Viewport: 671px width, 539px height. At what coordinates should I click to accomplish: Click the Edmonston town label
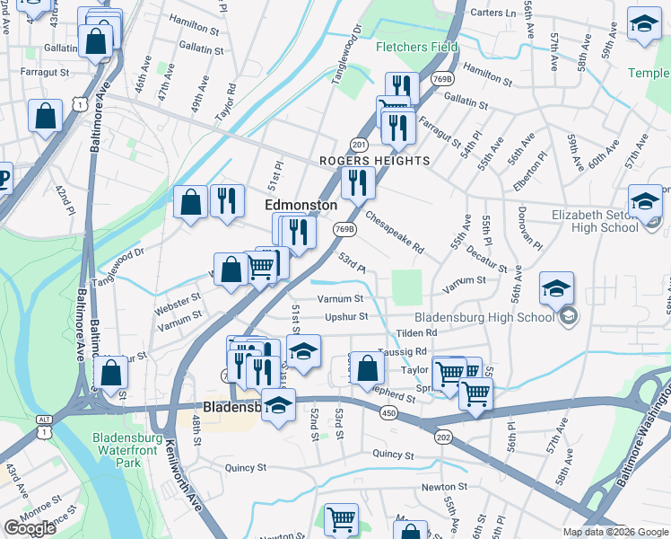click(301, 205)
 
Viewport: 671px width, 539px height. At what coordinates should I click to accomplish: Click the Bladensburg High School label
click(484, 317)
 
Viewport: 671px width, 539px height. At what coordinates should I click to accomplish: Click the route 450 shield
click(388, 412)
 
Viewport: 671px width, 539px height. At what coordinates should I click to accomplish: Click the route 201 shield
click(359, 144)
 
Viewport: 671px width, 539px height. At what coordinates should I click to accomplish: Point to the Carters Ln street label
click(494, 13)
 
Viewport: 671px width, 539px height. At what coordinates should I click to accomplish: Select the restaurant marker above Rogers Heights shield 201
click(399, 127)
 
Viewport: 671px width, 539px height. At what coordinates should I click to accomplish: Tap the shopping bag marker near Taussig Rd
click(367, 368)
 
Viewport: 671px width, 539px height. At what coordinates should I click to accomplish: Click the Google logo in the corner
click(30, 528)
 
